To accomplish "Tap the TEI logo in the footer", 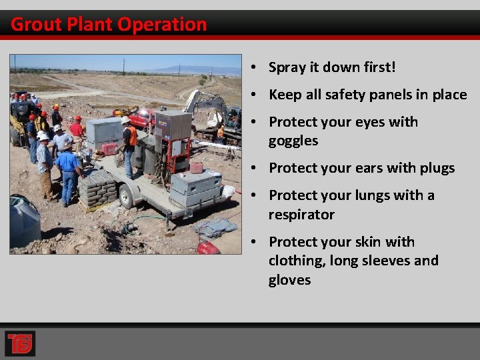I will click(x=20, y=343).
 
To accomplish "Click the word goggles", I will click(x=293, y=141).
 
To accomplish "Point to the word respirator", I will click(x=301, y=215).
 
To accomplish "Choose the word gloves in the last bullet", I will click(x=289, y=280).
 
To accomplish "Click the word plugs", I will click(x=436, y=168).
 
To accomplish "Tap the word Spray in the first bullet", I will click(x=287, y=67).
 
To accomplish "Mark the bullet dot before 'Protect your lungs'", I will click(x=255, y=195).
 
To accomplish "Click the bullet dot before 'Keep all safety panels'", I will click(x=255, y=95).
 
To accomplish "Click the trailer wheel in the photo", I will click(x=126, y=196).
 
